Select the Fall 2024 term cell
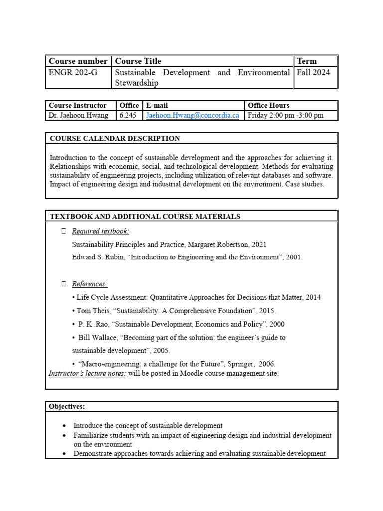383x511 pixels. (313, 73)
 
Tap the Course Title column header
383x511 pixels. (138, 61)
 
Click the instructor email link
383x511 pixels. (192, 115)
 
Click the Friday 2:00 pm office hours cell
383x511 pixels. (285, 115)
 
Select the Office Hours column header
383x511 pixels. (268, 105)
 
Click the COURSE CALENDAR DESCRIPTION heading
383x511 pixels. (115, 138)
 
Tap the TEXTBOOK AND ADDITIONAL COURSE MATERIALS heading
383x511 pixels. (145, 216)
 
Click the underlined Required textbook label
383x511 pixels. (100, 231)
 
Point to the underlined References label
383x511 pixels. (90, 284)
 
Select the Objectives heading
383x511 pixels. (67, 406)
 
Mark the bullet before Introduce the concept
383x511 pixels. (65, 426)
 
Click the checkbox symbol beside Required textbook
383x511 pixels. (63, 231)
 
